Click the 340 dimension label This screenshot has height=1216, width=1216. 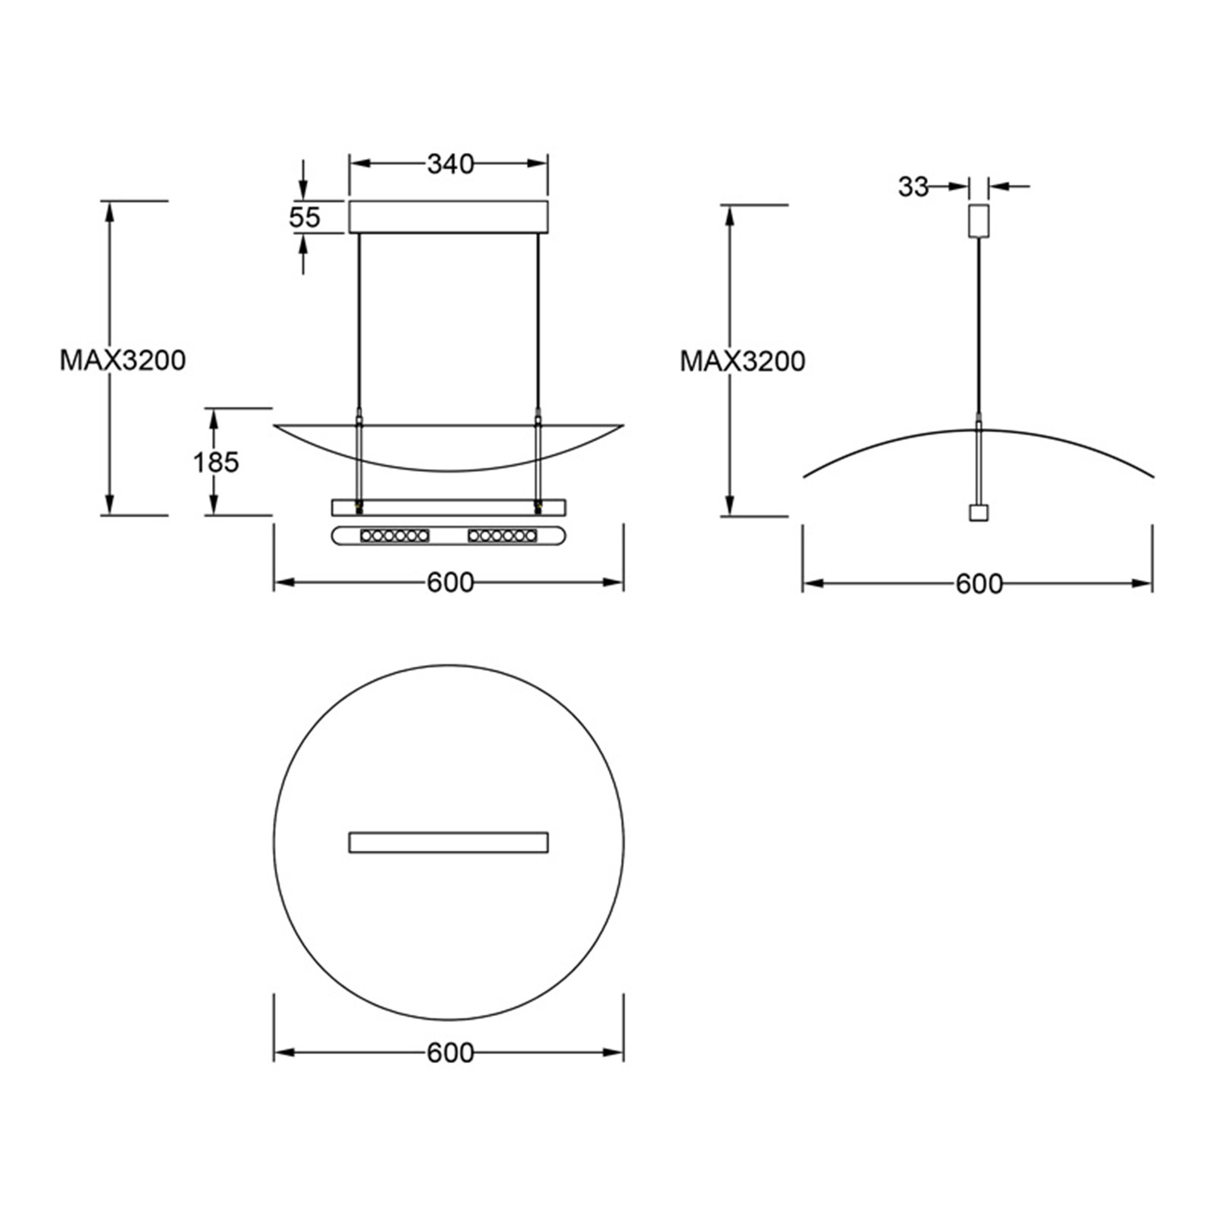450,164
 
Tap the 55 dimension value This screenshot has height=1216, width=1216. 305,217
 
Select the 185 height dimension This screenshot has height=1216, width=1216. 216,462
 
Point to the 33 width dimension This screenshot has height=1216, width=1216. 913,187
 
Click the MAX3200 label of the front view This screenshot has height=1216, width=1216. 123,360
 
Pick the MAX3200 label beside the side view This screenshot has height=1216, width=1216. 742,361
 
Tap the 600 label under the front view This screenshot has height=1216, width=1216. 450,583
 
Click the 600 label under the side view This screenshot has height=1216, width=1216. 979,584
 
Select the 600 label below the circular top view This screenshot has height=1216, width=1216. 450,1053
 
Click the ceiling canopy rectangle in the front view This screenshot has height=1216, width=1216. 449,217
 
